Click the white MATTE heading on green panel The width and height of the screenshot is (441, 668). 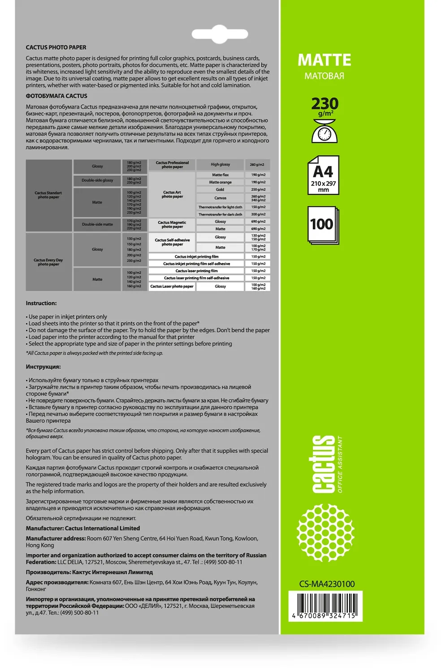324,60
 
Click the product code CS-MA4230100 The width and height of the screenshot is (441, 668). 327,584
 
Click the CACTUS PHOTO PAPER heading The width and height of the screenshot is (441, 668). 56,47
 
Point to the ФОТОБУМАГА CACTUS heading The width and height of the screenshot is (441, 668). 56,96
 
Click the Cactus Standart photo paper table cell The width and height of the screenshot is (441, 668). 48,195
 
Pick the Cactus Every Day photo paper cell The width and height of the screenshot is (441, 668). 48,262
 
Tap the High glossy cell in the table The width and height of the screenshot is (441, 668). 220,165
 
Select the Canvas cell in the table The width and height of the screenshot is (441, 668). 220,198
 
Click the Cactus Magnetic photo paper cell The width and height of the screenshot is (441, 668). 172,224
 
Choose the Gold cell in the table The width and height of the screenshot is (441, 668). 220,190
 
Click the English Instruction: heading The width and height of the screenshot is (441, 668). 41,303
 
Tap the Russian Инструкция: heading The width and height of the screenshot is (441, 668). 43,367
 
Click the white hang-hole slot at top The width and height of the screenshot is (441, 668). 220,34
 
